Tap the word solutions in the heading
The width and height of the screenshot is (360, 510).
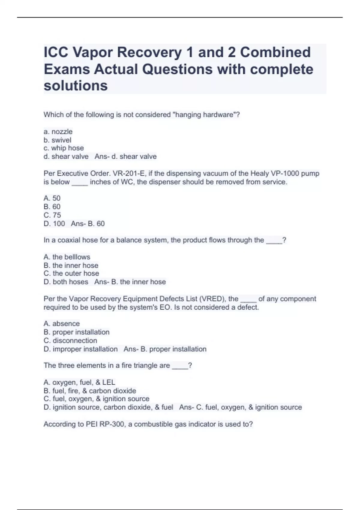click(x=76, y=86)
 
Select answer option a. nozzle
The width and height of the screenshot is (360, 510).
click(x=58, y=132)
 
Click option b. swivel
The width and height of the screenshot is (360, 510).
click(x=57, y=140)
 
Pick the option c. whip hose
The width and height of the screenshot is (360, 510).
click(x=64, y=148)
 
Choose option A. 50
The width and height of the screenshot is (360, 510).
click(x=52, y=198)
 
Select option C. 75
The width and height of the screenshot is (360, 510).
click(x=52, y=215)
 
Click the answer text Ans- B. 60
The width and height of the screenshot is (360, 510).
click(x=88, y=223)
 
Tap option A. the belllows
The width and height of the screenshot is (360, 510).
click(x=67, y=257)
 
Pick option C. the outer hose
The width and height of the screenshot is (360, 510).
click(x=71, y=274)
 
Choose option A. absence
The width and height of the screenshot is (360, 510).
click(x=61, y=324)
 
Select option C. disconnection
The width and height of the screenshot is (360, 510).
click(x=70, y=340)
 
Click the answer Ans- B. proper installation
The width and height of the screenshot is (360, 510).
click(x=165, y=349)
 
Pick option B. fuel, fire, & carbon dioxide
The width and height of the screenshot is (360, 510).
click(x=90, y=391)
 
